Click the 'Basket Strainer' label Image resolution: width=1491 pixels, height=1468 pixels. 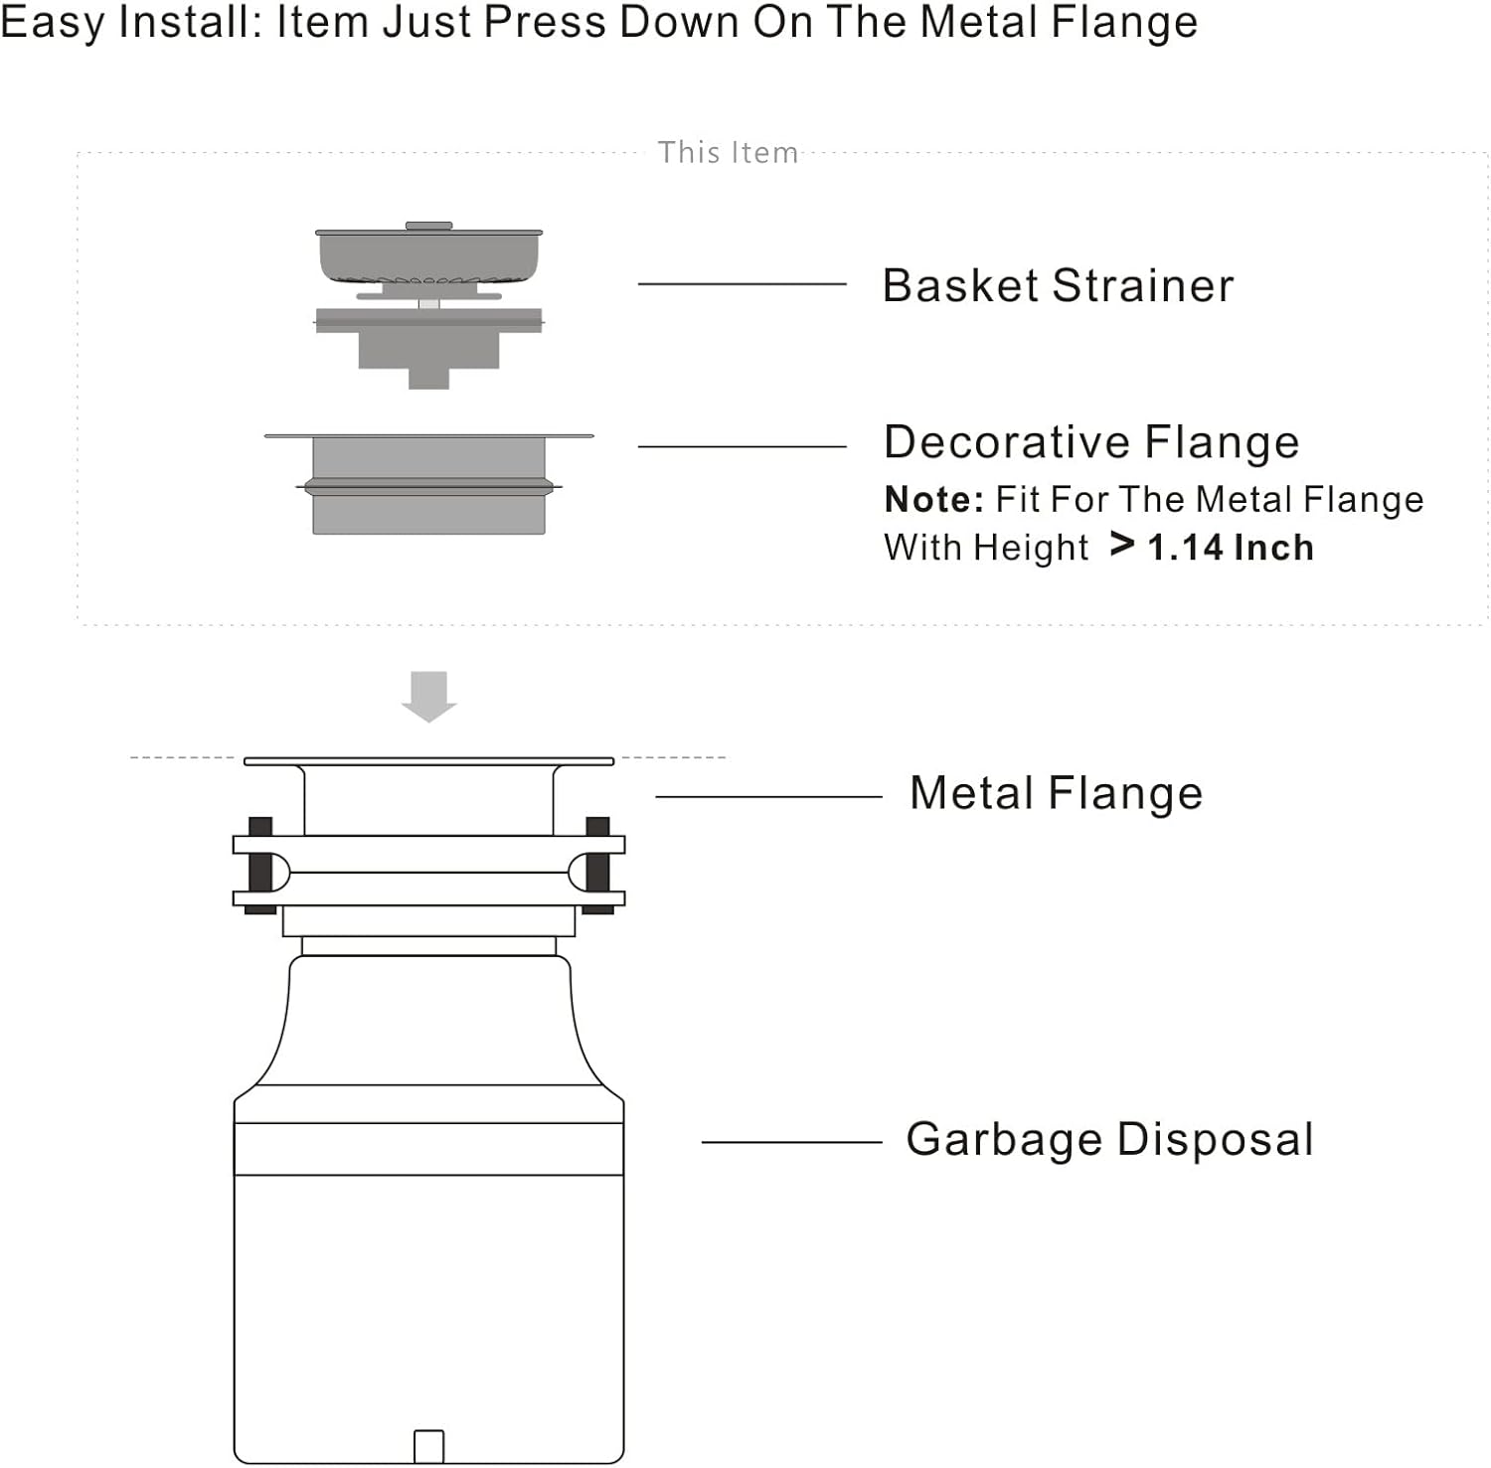1058,286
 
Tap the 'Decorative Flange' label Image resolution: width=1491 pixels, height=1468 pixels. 1091,442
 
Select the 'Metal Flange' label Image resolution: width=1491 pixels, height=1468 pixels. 1056,793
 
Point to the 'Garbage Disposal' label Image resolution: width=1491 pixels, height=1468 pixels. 1109,1139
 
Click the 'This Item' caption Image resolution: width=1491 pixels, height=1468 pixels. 728,153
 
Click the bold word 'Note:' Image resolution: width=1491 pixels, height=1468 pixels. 933,499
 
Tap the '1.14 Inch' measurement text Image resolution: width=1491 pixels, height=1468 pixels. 1231,548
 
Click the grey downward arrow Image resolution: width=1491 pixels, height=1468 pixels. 428,695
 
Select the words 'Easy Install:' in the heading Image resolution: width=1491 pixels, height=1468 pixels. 130,22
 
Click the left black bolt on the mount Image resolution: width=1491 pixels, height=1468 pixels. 260,865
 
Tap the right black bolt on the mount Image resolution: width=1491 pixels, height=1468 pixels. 597,865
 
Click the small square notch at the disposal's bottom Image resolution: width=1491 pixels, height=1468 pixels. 428,1446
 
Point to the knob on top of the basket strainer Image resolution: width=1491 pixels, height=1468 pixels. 428,226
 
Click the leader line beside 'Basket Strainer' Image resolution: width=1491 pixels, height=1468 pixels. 742,284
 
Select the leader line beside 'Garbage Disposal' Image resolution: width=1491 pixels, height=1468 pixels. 791,1142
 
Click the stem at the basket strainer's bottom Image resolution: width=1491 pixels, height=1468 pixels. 428,379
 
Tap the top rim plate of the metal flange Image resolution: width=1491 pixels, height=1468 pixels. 428,761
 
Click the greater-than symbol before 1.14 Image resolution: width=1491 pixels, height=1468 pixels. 1122,545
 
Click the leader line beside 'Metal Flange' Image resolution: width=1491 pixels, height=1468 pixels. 768,796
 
